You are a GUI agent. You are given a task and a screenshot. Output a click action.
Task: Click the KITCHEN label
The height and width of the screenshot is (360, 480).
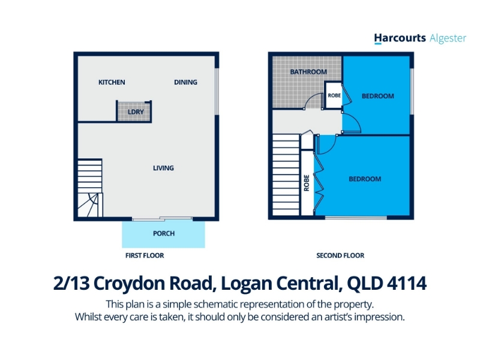point(112,82)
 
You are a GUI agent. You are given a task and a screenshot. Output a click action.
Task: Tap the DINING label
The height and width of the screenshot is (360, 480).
point(185,82)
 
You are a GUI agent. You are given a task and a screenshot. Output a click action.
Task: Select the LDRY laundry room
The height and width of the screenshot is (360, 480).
point(134,112)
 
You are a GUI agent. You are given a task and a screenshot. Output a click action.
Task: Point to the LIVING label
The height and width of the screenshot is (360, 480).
point(163,168)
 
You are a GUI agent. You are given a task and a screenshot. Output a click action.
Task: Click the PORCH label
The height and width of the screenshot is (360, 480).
point(164,233)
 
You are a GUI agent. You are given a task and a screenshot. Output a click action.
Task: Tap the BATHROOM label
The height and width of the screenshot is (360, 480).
point(308,71)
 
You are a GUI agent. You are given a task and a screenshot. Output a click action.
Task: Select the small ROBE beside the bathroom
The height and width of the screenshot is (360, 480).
point(334,95)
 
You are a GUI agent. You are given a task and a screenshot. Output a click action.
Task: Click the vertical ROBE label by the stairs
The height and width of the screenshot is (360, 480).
point(307,183)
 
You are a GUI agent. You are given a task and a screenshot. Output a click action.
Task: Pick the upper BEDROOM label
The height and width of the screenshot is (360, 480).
point(378,96)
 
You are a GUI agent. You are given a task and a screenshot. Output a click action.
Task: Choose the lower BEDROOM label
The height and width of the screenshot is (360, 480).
point(365,179)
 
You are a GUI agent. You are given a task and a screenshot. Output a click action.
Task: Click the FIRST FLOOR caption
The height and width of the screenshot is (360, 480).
point(145,256)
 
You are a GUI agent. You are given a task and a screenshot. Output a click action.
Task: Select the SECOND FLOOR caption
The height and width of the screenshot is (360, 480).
point(340,256)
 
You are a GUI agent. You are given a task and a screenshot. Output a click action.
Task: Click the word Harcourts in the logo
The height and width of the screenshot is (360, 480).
point(400,38)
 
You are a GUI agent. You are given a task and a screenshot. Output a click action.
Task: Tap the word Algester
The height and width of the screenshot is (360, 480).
point(448,38)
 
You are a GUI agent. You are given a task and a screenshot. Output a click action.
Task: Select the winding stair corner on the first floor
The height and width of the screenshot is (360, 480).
point(90,205)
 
